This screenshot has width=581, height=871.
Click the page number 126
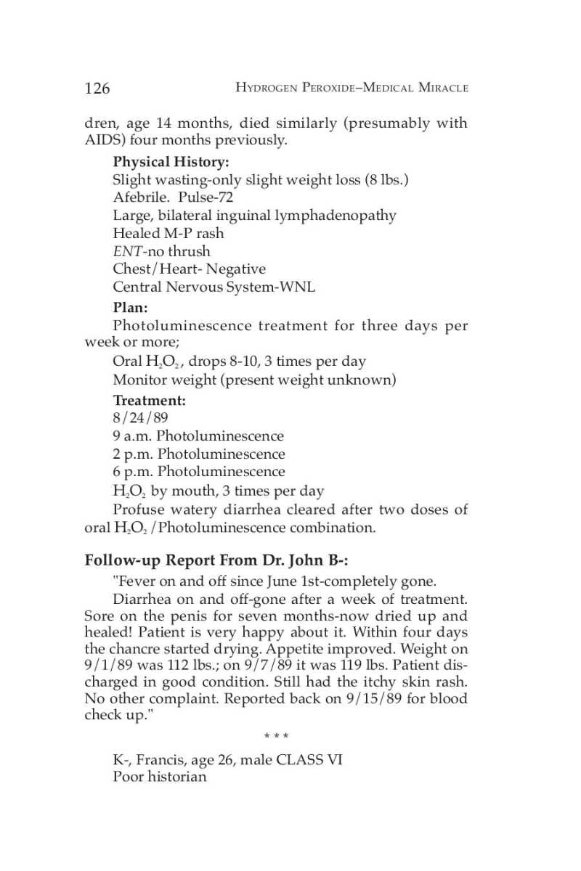(97, 89)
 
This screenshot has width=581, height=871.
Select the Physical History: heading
(171, 162)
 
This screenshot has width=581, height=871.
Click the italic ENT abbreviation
(125, 251)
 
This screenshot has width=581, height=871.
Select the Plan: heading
(130, 308)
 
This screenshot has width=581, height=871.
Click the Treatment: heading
(149, 400)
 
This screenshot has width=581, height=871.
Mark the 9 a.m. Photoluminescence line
(198, 436)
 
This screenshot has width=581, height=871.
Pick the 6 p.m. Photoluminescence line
(199, 472)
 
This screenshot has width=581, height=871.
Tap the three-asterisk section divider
(276, 737)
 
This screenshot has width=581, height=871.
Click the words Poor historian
(159, 777)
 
